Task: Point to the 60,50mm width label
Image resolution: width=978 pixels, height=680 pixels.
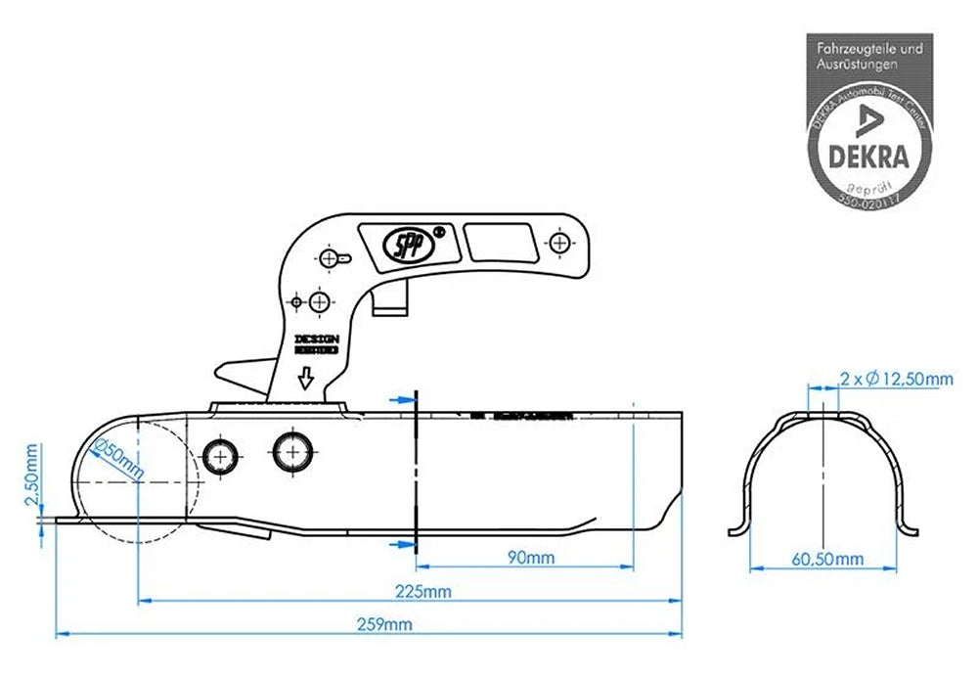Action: [x=827, y=559]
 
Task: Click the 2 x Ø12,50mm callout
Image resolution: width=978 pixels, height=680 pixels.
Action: [x=895, y=379]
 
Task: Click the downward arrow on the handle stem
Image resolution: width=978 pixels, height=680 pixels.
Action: [x=305, y=378]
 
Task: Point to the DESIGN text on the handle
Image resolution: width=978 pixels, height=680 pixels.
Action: [x=316, y=339]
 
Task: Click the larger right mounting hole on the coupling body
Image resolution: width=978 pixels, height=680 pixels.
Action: [x=292, y=451]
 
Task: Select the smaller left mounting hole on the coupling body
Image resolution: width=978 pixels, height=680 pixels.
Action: [x=221, y=453]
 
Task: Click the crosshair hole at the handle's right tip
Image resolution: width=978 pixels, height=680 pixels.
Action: [x=558, y=242]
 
